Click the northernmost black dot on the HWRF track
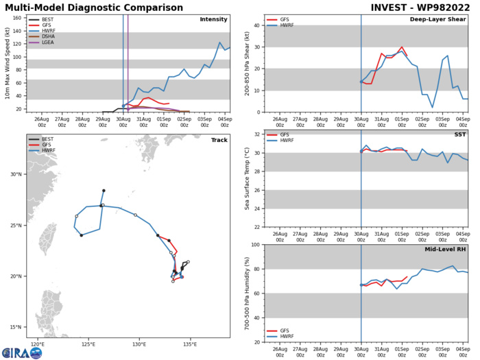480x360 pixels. tap(104, 191)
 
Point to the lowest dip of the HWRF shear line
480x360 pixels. tap(433, 107)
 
